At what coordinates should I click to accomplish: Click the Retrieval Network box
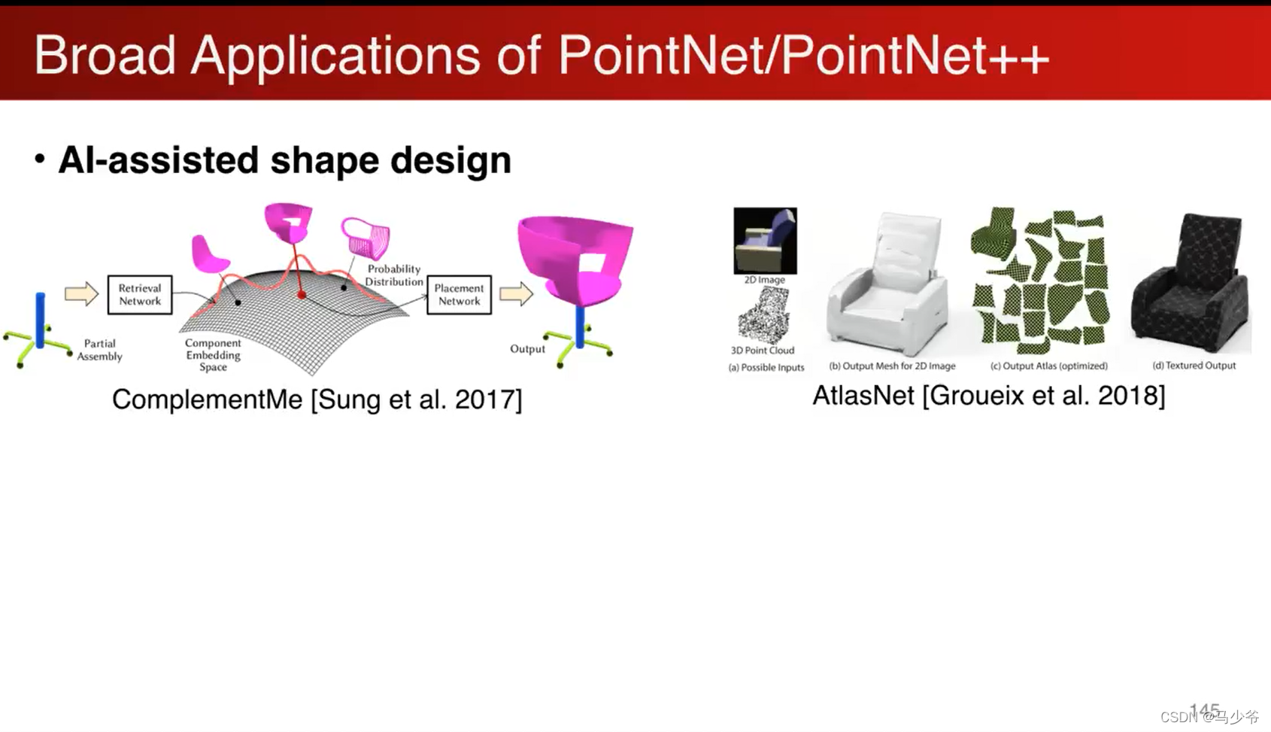pyautogui.click(x=140, y=294)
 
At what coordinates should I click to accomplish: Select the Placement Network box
pyautogui.click(x=459, y=294)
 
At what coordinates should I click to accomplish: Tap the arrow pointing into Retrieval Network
pyautogui.click(x=81, y=293)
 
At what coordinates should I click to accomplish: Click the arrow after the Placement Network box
pyautogui.click(x=516, y=293)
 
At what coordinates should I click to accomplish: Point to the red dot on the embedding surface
pyautogui.click(x=302, y=295)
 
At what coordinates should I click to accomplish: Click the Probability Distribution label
pyautogui.click(x=393, y=275)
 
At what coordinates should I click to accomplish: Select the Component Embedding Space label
pyautogui.click(x=213, y=354)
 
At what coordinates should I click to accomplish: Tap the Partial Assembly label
pyautogui.click(x=99, y=350)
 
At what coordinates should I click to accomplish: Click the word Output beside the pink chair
pyautogui.click(x=527, y=349)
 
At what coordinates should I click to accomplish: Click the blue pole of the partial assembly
pyautogui.click(x=40, y=320)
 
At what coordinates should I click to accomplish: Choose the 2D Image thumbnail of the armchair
pyautogui.click(x=765, y=241)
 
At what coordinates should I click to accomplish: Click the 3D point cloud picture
pyautogui.click(x=763, y=316)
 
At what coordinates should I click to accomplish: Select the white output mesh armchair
pyautogui.click(x=887, y=286)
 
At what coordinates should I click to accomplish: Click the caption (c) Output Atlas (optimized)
pyautogui.click(x=1048, y=366)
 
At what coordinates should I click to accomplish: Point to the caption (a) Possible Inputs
pyautogui.click(x=766, y=368)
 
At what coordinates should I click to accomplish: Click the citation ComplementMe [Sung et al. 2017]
pyautogui.click(x=317, y=399)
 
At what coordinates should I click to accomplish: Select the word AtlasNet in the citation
pyautogui.click(x=863, y=396)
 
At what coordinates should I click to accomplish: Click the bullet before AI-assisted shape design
pyautogui.click(x=40, y=159)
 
